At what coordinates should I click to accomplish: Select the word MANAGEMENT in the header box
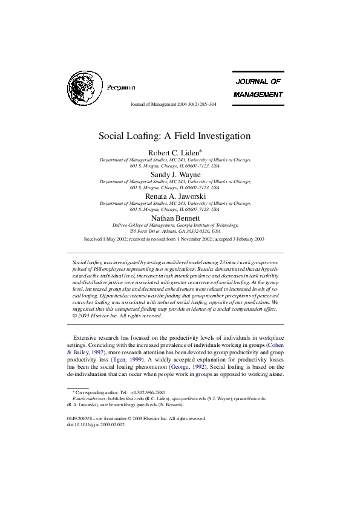click(x=258, y=94)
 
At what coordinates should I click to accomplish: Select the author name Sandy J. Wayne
click(x=175, y=174)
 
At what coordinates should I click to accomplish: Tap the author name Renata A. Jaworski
click(x=175, y=196)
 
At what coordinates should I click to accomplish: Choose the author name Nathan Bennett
click(x=175, y=218)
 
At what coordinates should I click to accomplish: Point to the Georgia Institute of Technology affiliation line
click(x=175, y=224)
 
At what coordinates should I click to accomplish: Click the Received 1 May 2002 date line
click(x=175, y=239)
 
